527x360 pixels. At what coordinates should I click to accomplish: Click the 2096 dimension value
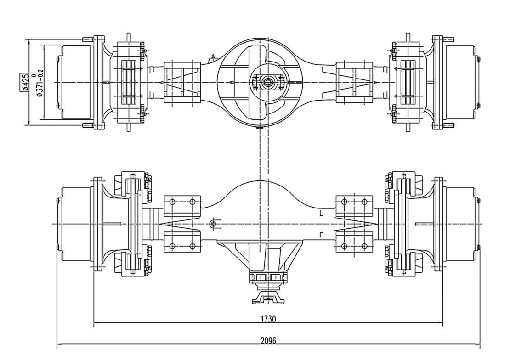(x=269, y=341)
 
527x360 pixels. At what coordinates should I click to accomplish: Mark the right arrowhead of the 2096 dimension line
(x=478, y=345)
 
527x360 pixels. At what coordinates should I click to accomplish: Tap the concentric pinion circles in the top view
(x=266, y=83)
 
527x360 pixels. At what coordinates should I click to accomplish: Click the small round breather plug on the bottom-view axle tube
(x=212, y=224)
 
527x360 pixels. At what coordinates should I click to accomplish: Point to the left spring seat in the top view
(x=182, y=82)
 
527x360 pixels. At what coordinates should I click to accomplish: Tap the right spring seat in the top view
(x=354, y=82)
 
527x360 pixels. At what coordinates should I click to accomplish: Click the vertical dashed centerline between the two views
(x=261, y=152)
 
